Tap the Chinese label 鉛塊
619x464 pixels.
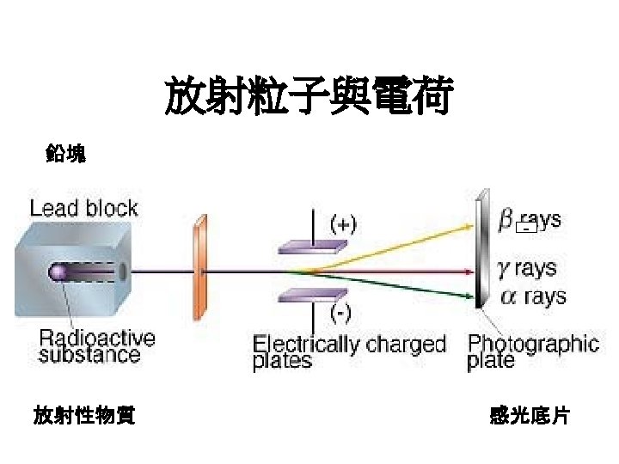pos(65,155)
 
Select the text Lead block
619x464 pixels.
pos(83,208)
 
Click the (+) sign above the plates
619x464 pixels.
pos(343,224)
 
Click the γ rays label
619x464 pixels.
pos(528,268)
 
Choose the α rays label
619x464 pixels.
pos(532,297)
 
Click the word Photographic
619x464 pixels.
pos(533,344)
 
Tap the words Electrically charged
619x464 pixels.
pos(349,345)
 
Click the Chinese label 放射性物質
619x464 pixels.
pos(83,417)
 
